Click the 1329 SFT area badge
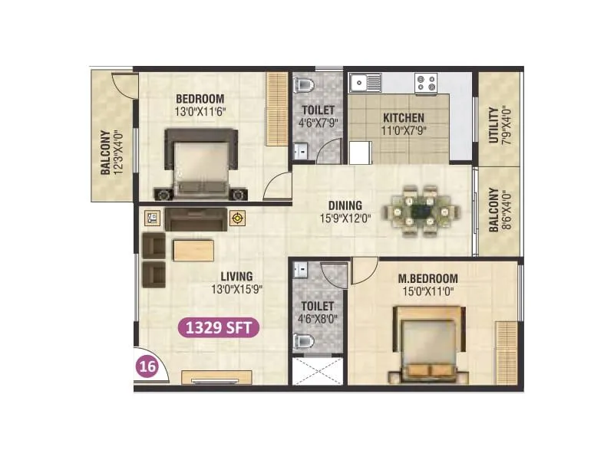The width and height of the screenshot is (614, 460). (219, 328)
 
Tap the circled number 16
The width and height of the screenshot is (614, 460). (147, 366)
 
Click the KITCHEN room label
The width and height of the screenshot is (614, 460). (403, 118)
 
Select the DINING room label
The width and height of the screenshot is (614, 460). (345, 205)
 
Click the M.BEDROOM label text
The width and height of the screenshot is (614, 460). (429, 278)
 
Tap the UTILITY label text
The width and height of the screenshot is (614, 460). (493, 128)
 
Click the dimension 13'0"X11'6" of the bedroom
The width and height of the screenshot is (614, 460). (200, 111)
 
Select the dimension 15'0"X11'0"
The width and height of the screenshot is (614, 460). (429, 291)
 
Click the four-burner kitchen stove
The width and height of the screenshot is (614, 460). (425, 82)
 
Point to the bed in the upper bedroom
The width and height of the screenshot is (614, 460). (202, 163)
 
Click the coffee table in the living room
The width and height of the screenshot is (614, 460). (188, 251)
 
